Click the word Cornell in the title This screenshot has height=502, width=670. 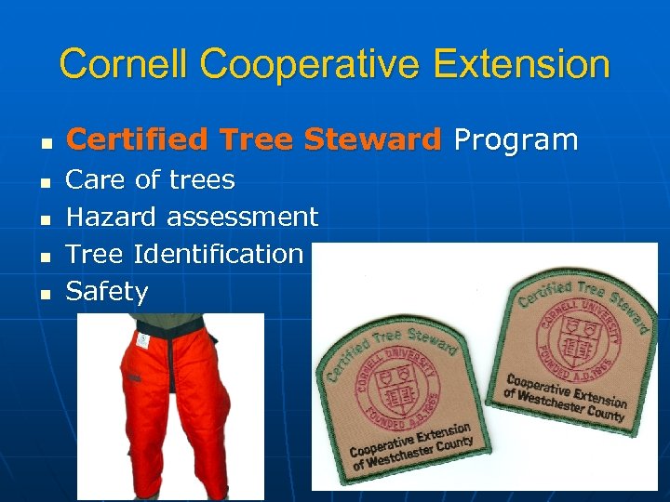123,64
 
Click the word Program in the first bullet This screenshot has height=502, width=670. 516,140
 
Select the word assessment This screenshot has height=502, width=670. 242,217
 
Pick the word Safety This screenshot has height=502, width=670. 107,292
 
